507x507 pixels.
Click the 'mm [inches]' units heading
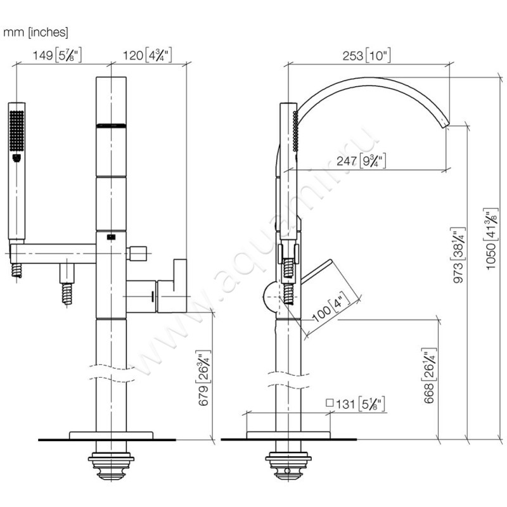(x=36, y=31)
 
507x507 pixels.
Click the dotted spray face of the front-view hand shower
(x=16, y=130)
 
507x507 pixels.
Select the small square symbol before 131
(x=330, y=403)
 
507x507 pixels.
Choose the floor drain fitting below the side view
(x=288, y=466)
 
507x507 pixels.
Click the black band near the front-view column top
(x=111, y=125)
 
